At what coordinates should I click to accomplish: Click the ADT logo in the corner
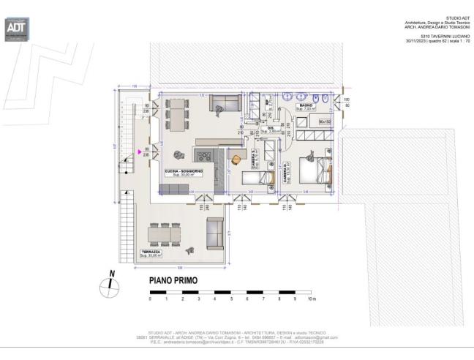click(16, 27)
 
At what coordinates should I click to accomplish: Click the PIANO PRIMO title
click(173, 280)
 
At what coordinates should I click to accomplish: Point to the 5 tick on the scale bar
click(231, 299)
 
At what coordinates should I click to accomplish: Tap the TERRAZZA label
click(151, 252)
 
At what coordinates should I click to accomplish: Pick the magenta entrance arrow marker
click(138, 151)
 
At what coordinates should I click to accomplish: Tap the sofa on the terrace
click(214, 234)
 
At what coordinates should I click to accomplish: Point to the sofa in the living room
click(224, 104)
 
